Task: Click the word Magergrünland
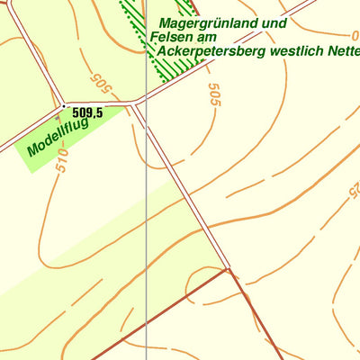click(204, 23)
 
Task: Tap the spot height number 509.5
click(87, 112)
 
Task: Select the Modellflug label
click(58, 137)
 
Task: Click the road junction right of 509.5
click(135, 104)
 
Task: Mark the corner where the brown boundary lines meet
click(230, 268)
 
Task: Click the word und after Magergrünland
click(274, 23)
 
